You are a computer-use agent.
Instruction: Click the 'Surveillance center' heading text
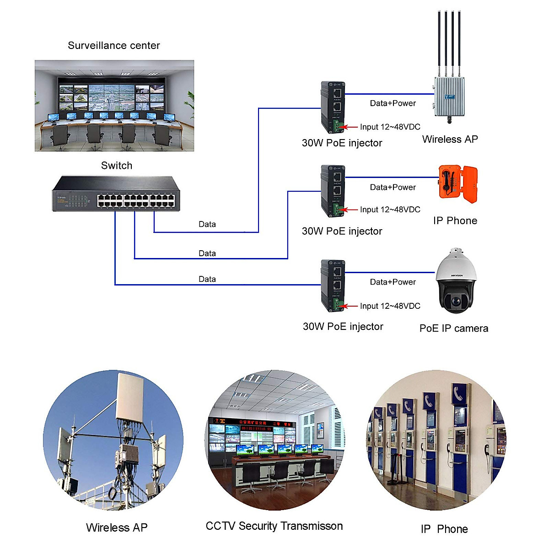(114, 45)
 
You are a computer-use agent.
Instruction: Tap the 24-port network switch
(116, 194)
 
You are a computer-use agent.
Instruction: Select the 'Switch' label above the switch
(117, 166)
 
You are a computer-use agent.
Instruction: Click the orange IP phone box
(457, 183)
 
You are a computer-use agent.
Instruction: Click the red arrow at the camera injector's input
(350, 306)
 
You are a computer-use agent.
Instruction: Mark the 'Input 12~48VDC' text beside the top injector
(390, 127)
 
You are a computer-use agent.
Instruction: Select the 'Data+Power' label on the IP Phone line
(393, 187)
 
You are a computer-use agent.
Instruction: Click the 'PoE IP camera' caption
(453, 328)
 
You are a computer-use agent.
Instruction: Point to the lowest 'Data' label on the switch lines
(207, 279)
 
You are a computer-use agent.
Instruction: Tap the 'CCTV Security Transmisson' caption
(274, 526)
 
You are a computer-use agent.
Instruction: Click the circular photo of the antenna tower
(113, 440)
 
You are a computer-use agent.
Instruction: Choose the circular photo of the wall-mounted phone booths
(437, 440)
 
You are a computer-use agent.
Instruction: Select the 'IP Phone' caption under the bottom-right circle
(444, 529)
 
